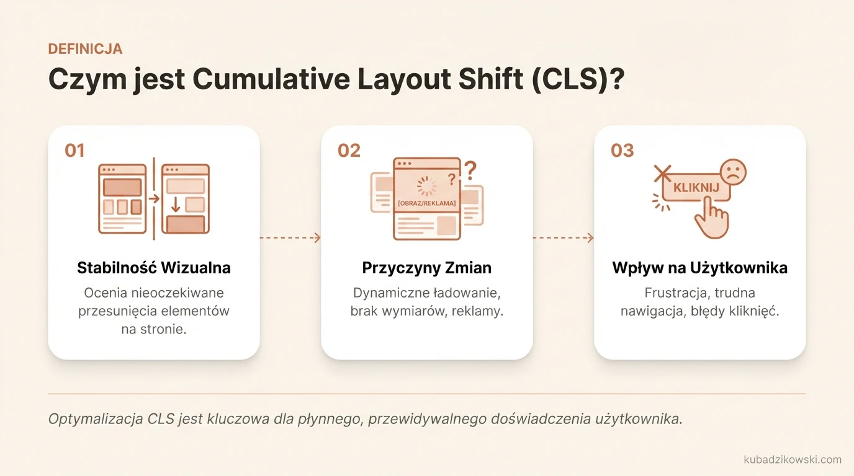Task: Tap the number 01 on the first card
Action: click(x=74, y=151)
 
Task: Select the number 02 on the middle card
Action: click(x=349, y=151)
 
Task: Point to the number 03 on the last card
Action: click(x=622, y=151)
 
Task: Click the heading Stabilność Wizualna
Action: click(x=154, y=268)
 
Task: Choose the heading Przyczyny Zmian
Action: click(x=426, y=268)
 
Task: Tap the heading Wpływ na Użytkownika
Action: click(x=699, y=268)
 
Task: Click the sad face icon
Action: click(x=733, y=172)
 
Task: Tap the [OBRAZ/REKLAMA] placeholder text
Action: click(x=426, y=203)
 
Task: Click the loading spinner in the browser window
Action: click(x=426, y=185)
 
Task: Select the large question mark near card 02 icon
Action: click(x=470, y=169)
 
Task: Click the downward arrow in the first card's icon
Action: click(x=176, y=203)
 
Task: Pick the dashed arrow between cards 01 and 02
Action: click(x=290, y=238)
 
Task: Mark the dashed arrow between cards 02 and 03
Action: click(x=563, y=238)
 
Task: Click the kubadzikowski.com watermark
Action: click(x=792, y=459)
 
